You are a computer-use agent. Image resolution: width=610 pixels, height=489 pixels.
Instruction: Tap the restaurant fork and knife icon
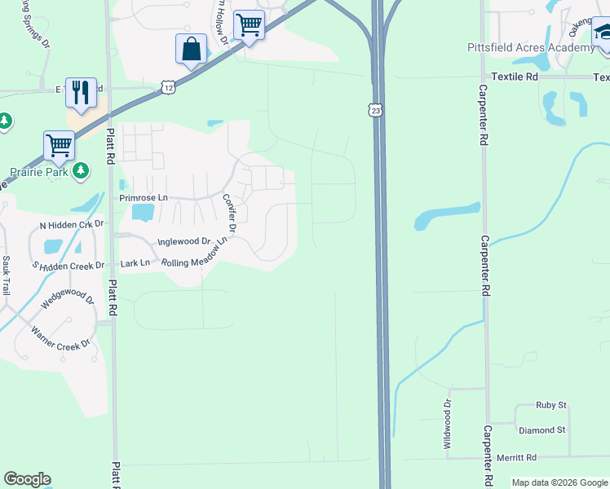pyautogui.click(x=81, y=93)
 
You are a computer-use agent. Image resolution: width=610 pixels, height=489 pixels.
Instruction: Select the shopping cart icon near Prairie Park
pyautogui.click(x=60, y=146)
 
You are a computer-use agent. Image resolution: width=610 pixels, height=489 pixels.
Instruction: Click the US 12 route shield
pyautogui.click(x=168, y=86)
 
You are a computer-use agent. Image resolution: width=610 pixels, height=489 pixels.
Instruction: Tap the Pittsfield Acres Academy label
pyautogui.click(x=531, y=47)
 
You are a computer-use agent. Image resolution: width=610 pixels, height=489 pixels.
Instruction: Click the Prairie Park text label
pyautogui.click(x=37, y=172)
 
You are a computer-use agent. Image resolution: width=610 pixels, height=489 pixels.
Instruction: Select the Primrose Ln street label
pyautogui.click(x=143, y=198)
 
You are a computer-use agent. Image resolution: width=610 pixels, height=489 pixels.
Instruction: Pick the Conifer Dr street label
pyautogui.click(x=228, y=214)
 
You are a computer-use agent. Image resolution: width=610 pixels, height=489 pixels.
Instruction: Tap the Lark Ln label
pyautogui.click(x=135, y=262)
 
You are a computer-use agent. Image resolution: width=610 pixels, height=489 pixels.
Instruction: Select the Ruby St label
pyautogui.click(x=550, y=404)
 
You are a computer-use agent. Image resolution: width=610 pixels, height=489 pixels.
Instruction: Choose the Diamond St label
pyautogui.click(x=541, y=430)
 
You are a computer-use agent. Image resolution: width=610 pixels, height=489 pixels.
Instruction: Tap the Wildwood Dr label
pyautogui.click(x=447, y=422)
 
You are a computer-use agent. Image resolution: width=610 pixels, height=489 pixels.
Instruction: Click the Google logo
pyautogui.click(x=27, y=479)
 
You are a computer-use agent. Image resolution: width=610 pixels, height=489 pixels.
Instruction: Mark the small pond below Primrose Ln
pyautogui.click(x=142, y=213)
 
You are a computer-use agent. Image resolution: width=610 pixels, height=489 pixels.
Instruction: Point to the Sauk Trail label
pyautogui.click(x=7, y=275)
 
